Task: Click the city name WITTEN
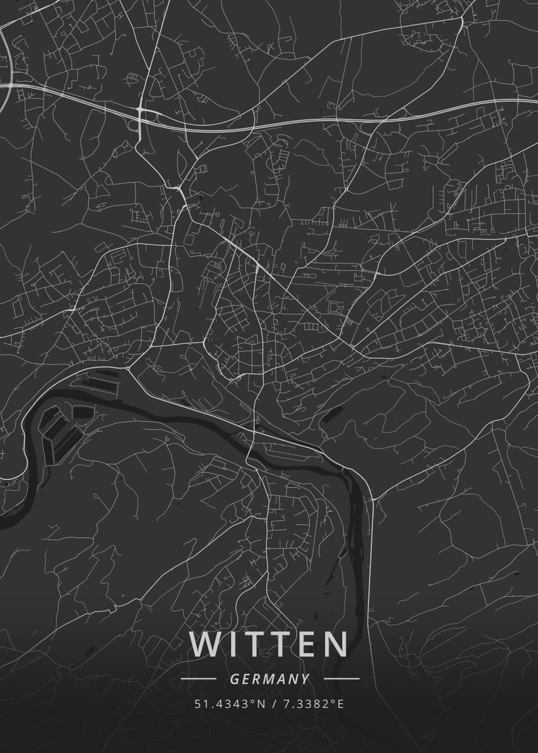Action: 269,644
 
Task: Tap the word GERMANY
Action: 269,679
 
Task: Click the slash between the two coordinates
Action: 276,703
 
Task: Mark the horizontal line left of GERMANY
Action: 198,679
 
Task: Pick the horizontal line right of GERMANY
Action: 342,679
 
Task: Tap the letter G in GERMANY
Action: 234,679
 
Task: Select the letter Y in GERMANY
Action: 305,679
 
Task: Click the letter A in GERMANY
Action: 282,679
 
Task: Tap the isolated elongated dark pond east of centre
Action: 333,414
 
